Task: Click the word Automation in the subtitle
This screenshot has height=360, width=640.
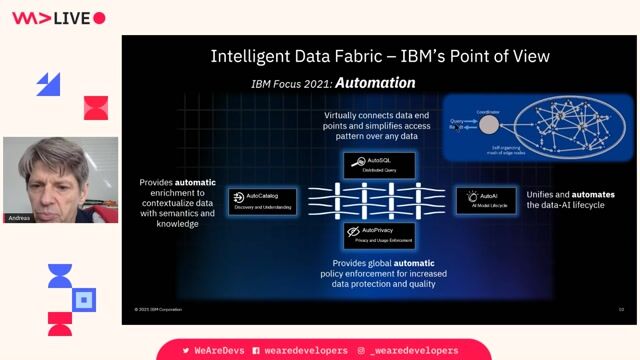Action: [375, 82]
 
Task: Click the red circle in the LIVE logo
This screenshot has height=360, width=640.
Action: [99, 18]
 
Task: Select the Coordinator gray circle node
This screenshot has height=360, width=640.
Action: [488, 125]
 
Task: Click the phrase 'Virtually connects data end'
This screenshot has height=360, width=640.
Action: [379, 116]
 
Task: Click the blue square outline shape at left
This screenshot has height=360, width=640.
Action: [85, 298]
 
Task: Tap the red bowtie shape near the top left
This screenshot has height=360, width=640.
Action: [95, 108]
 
